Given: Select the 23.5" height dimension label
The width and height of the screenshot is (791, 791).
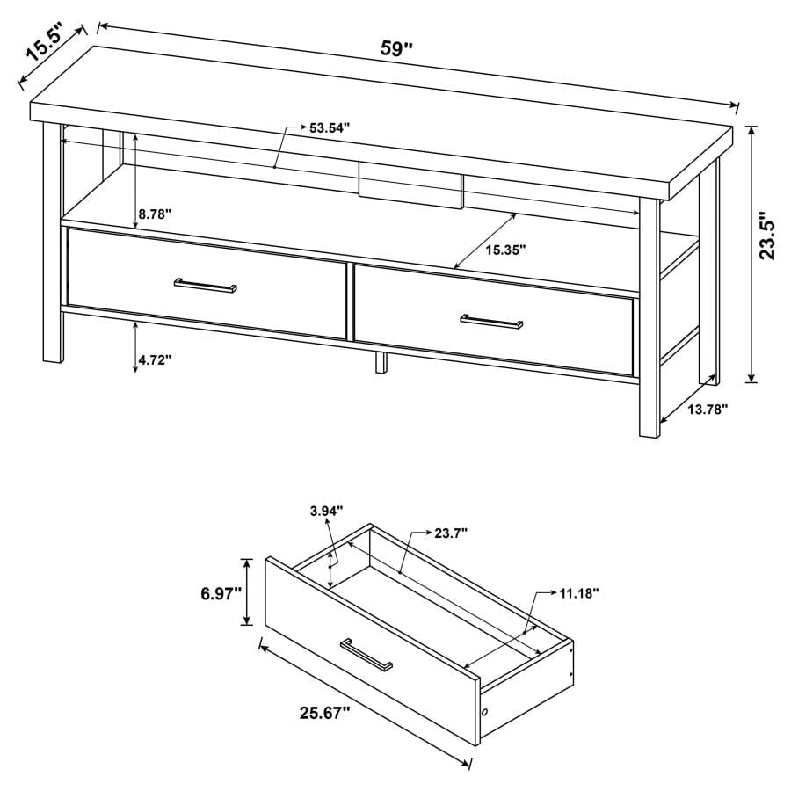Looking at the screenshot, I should (x=768, y=235).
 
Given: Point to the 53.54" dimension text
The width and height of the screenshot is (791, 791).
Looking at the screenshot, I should (x=330, y=127).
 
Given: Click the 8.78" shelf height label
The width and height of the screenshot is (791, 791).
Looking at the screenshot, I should (x=155, y=213).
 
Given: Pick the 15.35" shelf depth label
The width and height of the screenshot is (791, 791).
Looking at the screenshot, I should (x=505, y=250).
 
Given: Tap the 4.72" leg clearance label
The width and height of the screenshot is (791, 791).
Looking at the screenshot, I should (x=155, y=359).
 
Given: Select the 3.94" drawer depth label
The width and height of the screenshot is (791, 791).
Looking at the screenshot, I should (x=326, y=510).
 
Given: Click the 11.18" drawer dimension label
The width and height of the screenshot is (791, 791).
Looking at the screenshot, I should (x=578, y=593).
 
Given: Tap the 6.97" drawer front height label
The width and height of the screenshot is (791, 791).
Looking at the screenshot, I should (x=220, y=594).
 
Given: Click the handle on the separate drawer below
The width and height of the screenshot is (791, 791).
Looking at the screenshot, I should (x=366, y=654).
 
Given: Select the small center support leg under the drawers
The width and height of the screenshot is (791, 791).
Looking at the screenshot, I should (x=381, y=361).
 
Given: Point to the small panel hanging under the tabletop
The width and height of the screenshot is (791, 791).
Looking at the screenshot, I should (x=410, y=185).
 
